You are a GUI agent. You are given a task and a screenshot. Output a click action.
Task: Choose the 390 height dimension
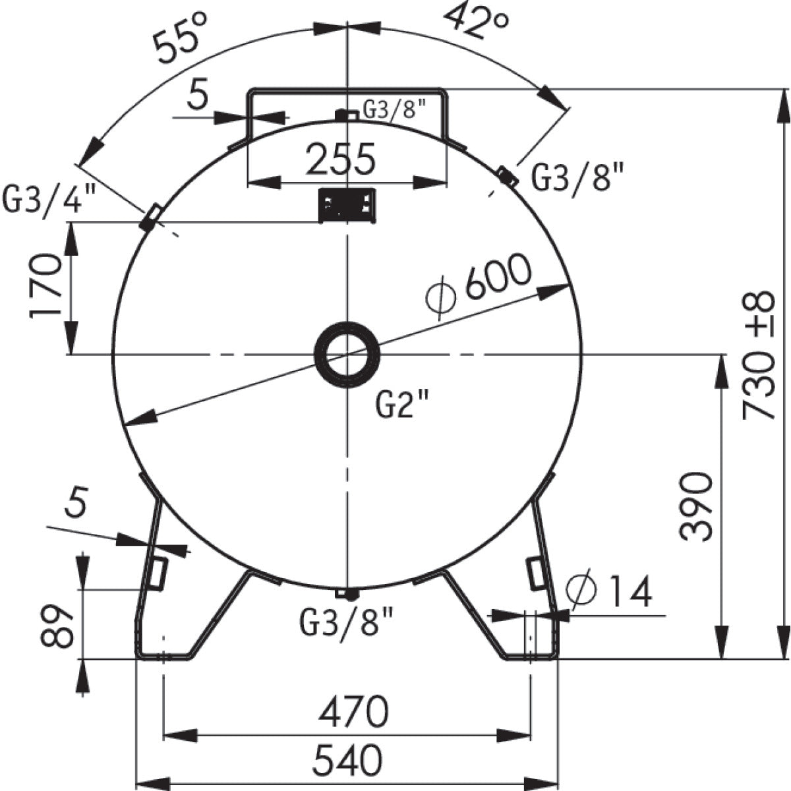(697, 506)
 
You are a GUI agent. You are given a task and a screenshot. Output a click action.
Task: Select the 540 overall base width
(347, 760)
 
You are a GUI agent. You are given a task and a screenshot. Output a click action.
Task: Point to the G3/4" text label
(49, 197)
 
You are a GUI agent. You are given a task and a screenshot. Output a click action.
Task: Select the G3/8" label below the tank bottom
(347, 623)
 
